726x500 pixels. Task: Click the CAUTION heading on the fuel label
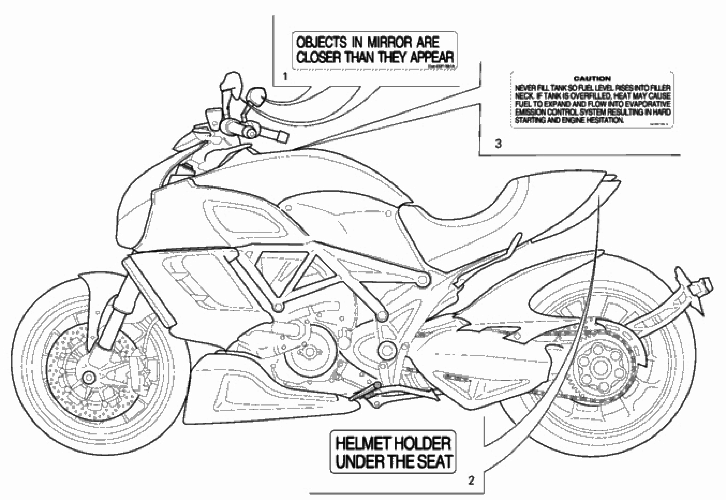click(592, 79)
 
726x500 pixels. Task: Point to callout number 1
click(285, 76)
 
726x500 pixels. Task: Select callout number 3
click(498, 144)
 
